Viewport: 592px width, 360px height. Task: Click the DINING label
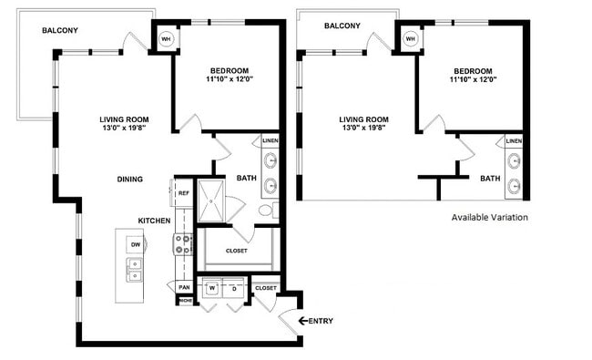click(129, 180)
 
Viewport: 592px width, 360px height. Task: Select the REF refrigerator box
click(183, 193)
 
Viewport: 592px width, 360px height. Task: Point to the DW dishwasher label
click(135, 244)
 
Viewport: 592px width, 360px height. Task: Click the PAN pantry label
click(184, 288)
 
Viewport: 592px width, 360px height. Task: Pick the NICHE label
click(185, 301)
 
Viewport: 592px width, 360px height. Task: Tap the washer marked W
click(212, 289)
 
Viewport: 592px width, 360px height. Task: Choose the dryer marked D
click(234, 289)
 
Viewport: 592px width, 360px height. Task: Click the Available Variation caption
click(489, 218)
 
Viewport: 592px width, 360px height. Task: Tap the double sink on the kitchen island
click(135, 270)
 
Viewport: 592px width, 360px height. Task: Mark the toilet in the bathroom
click(266, 211)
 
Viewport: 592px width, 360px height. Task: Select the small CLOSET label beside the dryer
click(266, 288)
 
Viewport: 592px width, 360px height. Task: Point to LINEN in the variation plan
click(514, 141)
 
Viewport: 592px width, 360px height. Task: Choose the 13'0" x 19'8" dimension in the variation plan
click(363, 129)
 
